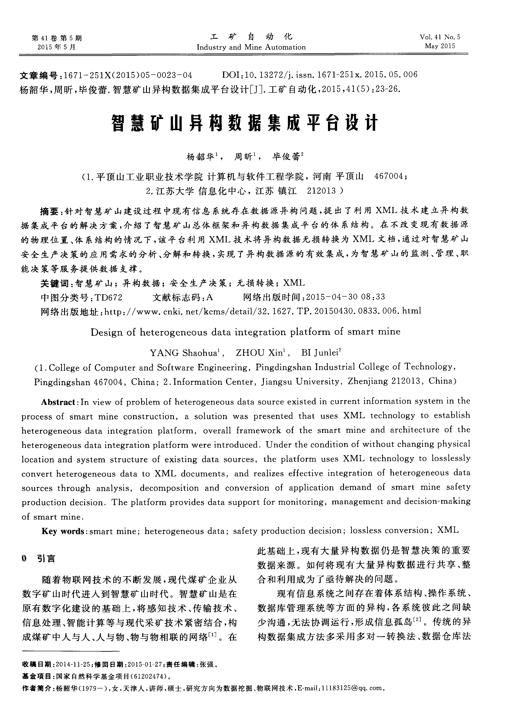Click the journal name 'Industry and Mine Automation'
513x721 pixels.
(251, 47)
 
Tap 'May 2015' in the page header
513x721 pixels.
(440, 46)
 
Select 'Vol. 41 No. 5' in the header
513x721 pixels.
(440, 37)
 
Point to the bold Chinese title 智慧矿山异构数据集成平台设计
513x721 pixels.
(245, 123)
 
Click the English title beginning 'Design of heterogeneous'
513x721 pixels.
(245, 332)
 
